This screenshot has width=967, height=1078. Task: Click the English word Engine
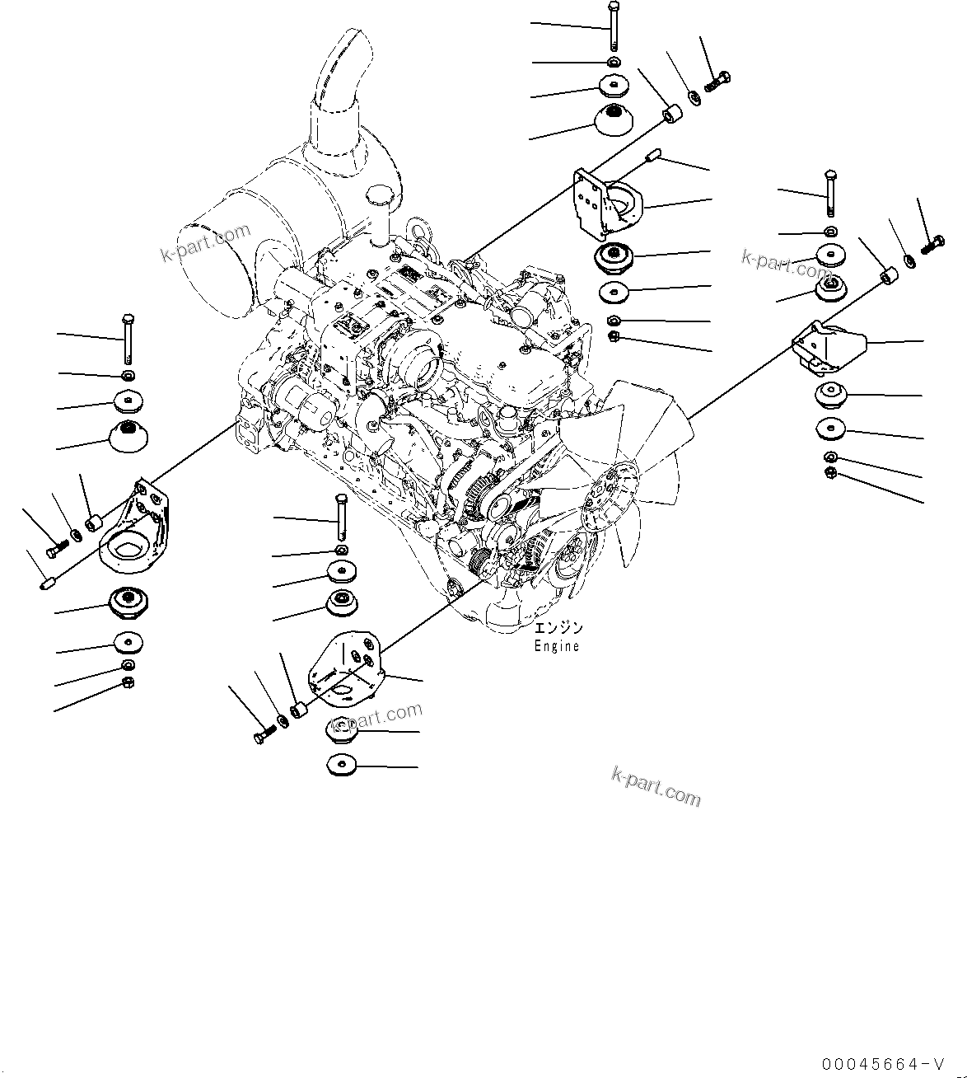coord(557,647)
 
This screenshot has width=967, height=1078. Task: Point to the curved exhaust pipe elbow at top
coord(338,74)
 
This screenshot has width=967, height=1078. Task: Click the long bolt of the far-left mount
coord(127,339)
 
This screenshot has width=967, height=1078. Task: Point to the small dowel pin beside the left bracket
coord(48,583)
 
